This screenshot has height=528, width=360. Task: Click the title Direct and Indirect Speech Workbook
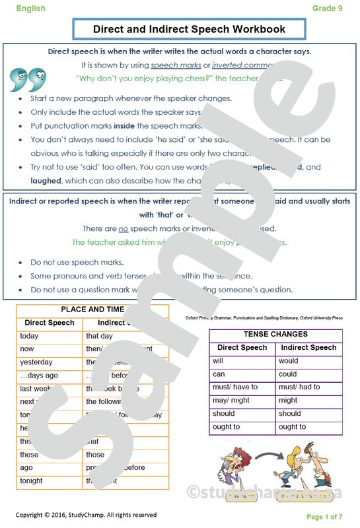click(x=189, y=29)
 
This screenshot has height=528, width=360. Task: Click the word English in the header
click(x=31, y=9)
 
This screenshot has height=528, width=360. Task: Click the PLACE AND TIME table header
click(x=92, y=309)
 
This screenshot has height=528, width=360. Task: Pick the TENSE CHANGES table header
click(x=275, y=335)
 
